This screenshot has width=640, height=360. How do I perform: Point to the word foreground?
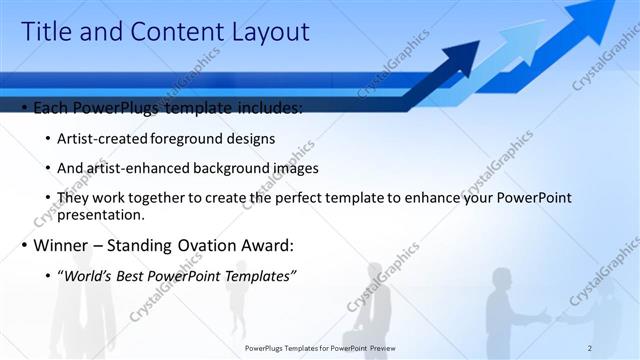click(x=185, y=138)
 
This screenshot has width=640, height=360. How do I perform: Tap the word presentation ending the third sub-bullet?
click(x=103, y=214)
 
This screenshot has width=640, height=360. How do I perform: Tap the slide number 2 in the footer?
click(x=590, y=347)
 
